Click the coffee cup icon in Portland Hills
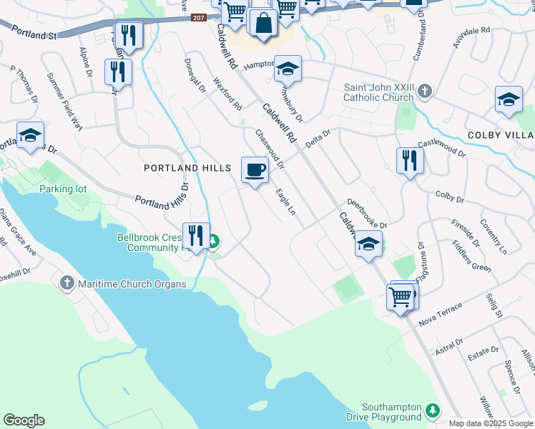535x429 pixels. pyautogui.click(x=255, y=170)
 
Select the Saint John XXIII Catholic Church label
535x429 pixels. pyautogui.click(x=379, y=92)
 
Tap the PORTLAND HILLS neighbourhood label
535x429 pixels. pyautogui.click(x=187, y=168)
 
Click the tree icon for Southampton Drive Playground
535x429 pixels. pyautogui.click(x=432, y=410)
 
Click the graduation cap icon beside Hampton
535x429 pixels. pyautogui.click(x=288, y=69)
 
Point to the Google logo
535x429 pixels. pyautogui.click(x=24, y=420)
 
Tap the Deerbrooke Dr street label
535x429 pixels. pyautogui.click(x=367, y=214)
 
